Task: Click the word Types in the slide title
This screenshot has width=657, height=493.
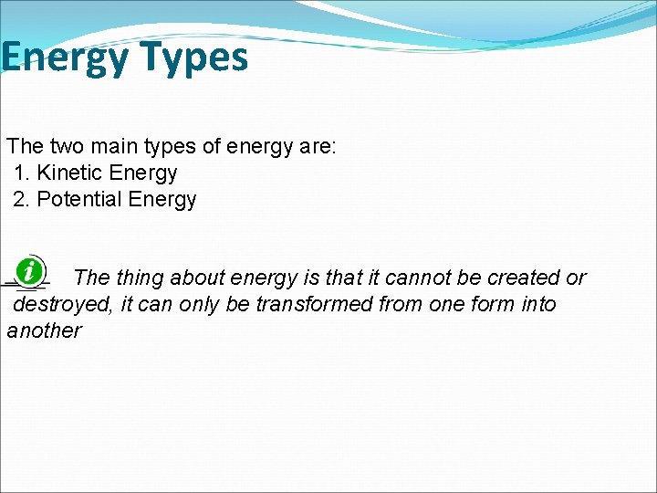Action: click(193, 58)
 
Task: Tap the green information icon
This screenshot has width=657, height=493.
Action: click(31, 270)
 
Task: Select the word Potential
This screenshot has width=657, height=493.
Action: click(79, 199)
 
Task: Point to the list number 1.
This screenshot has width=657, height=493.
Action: click(22, 173)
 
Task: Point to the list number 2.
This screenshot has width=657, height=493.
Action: click(21, 199)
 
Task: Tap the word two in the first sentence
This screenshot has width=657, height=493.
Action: click(67, 146)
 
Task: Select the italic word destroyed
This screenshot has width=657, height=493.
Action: click(60, 304)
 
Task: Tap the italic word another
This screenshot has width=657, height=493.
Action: click(44, 330)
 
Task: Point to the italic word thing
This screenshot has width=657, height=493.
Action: click(140, 278)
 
